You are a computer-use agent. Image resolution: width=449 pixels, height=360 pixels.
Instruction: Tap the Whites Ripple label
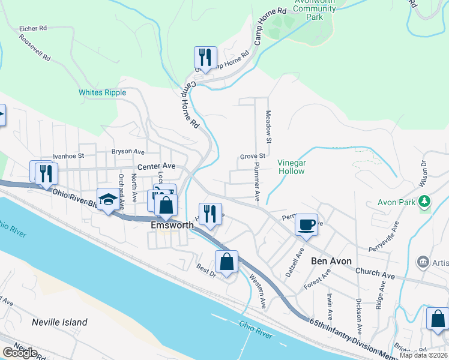coord(102,92)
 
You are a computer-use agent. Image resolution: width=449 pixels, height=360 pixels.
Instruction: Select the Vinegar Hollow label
coord(292,167)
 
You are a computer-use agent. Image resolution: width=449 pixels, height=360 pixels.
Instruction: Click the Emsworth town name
coord(172,225)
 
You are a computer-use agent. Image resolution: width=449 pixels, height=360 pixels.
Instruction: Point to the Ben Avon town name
coord(332,261)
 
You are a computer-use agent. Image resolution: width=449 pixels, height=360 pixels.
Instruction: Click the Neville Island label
coord(59,322)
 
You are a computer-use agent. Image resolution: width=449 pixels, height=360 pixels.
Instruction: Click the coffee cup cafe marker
coord(306,225)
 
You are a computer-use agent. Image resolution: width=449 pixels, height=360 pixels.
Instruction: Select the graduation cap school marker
coord(108,200)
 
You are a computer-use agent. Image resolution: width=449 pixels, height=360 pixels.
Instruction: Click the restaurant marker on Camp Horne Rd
coord(205,58)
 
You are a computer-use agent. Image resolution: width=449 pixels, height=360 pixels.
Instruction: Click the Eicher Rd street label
coord(33,28)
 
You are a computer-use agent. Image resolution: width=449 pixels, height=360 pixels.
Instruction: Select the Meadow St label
coord(269,122)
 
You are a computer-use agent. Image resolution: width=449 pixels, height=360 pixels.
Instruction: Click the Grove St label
coord(253,156)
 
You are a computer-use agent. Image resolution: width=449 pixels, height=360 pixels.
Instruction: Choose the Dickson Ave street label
coord(358,316)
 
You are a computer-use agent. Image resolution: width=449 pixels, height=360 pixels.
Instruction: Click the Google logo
coord(20,353)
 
